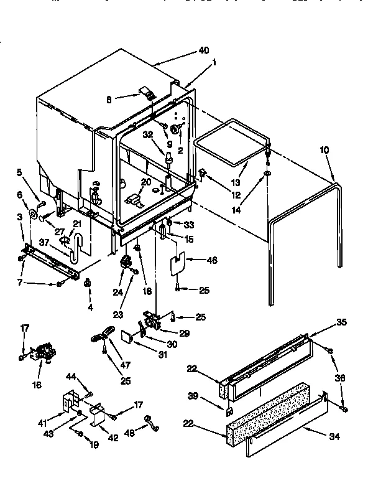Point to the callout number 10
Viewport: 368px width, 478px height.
click(324, 150)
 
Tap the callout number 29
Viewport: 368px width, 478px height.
click(184, 334)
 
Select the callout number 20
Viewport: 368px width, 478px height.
click(146, 182)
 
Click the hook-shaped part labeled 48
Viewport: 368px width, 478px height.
click(148, 422)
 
